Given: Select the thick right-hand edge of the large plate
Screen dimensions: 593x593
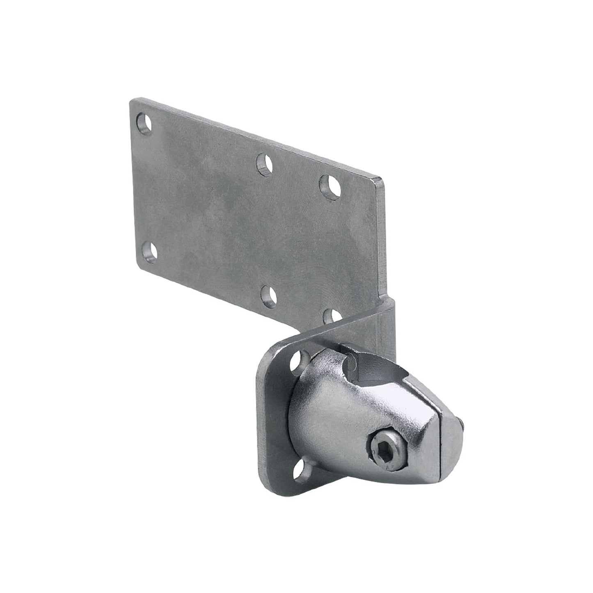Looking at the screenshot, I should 383,238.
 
